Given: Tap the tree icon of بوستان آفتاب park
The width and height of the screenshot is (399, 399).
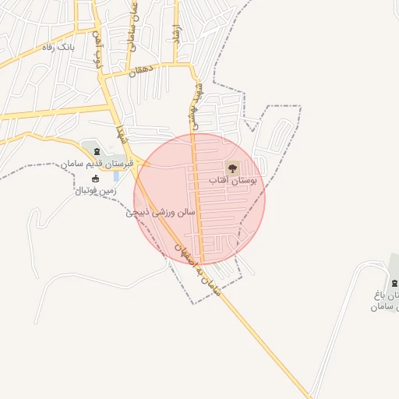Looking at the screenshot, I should pyautogui.click(x=231, y=167).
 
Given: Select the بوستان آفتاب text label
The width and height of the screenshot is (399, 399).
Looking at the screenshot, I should pyautogui.click(x=238, y=180).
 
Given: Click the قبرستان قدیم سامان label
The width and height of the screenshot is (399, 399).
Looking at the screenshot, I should pyautogui.click(x=98, y=164).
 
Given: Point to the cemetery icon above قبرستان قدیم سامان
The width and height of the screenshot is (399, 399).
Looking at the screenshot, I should pyautogui.click(x=97, y=151).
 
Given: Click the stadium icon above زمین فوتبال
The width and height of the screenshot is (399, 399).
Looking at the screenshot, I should pyautogui.click(x=96, y=178).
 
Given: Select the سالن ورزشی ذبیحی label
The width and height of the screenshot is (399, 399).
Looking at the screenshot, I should pyautogui.click(x=164, y=211).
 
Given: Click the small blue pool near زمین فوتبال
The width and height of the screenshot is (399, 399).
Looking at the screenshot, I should pyautogui.click(x=116, y=176).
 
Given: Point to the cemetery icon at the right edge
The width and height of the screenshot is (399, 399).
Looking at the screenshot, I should pyautogui.click(x=394, y=282).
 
